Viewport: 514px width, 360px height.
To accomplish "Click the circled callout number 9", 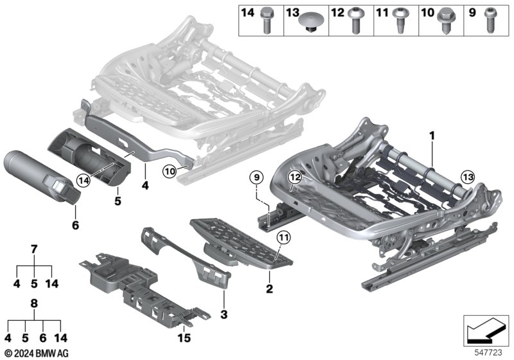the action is [x=256, y=177].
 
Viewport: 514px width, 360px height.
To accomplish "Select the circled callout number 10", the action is [x=170, y=171].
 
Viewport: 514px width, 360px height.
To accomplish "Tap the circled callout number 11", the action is [x=284, y=237].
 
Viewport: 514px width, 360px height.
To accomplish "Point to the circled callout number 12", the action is [x=295, y=177].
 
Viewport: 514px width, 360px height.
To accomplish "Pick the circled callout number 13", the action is [x=468, y=177].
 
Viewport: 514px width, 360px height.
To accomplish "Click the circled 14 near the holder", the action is [x=84, y=181].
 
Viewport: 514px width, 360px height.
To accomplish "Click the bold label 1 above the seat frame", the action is [x=432, y=136].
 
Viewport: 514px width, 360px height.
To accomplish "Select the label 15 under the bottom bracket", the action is [x=184, y=338].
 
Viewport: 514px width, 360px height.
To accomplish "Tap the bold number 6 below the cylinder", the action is [x=75, y=225].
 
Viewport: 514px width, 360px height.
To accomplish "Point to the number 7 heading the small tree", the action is [x=34, y=249].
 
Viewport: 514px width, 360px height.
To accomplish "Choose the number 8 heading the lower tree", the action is [x=34, y=303].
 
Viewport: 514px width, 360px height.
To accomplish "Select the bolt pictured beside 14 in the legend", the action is [x=266, y=21].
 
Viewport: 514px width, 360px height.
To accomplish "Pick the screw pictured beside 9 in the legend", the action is [x=490, y=21].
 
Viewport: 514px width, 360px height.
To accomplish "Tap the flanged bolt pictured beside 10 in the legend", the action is [x=445, y=21].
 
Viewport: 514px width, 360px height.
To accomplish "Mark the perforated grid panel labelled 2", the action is [x=242, y=243].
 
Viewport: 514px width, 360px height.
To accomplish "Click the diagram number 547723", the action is [x=488, y=352].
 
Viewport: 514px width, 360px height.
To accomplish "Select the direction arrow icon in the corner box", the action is [x=486, y=330].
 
